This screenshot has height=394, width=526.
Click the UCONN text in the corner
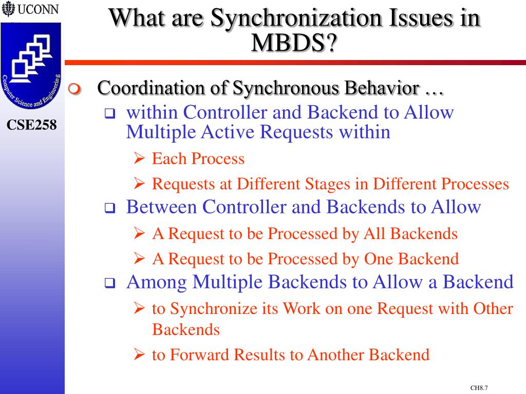click(38, 10)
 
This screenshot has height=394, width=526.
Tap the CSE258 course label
click(32, 125)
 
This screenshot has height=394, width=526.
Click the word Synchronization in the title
click(297, 18)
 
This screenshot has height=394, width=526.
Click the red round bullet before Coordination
click(75, 89)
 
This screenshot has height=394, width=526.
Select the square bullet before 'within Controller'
click(109, 114)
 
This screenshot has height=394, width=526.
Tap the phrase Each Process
click(198, 159)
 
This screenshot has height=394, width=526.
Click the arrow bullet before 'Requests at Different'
click(139, 184)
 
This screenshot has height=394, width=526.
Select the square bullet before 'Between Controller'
click(109, 209)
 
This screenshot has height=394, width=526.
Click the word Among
click(157, 282)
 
